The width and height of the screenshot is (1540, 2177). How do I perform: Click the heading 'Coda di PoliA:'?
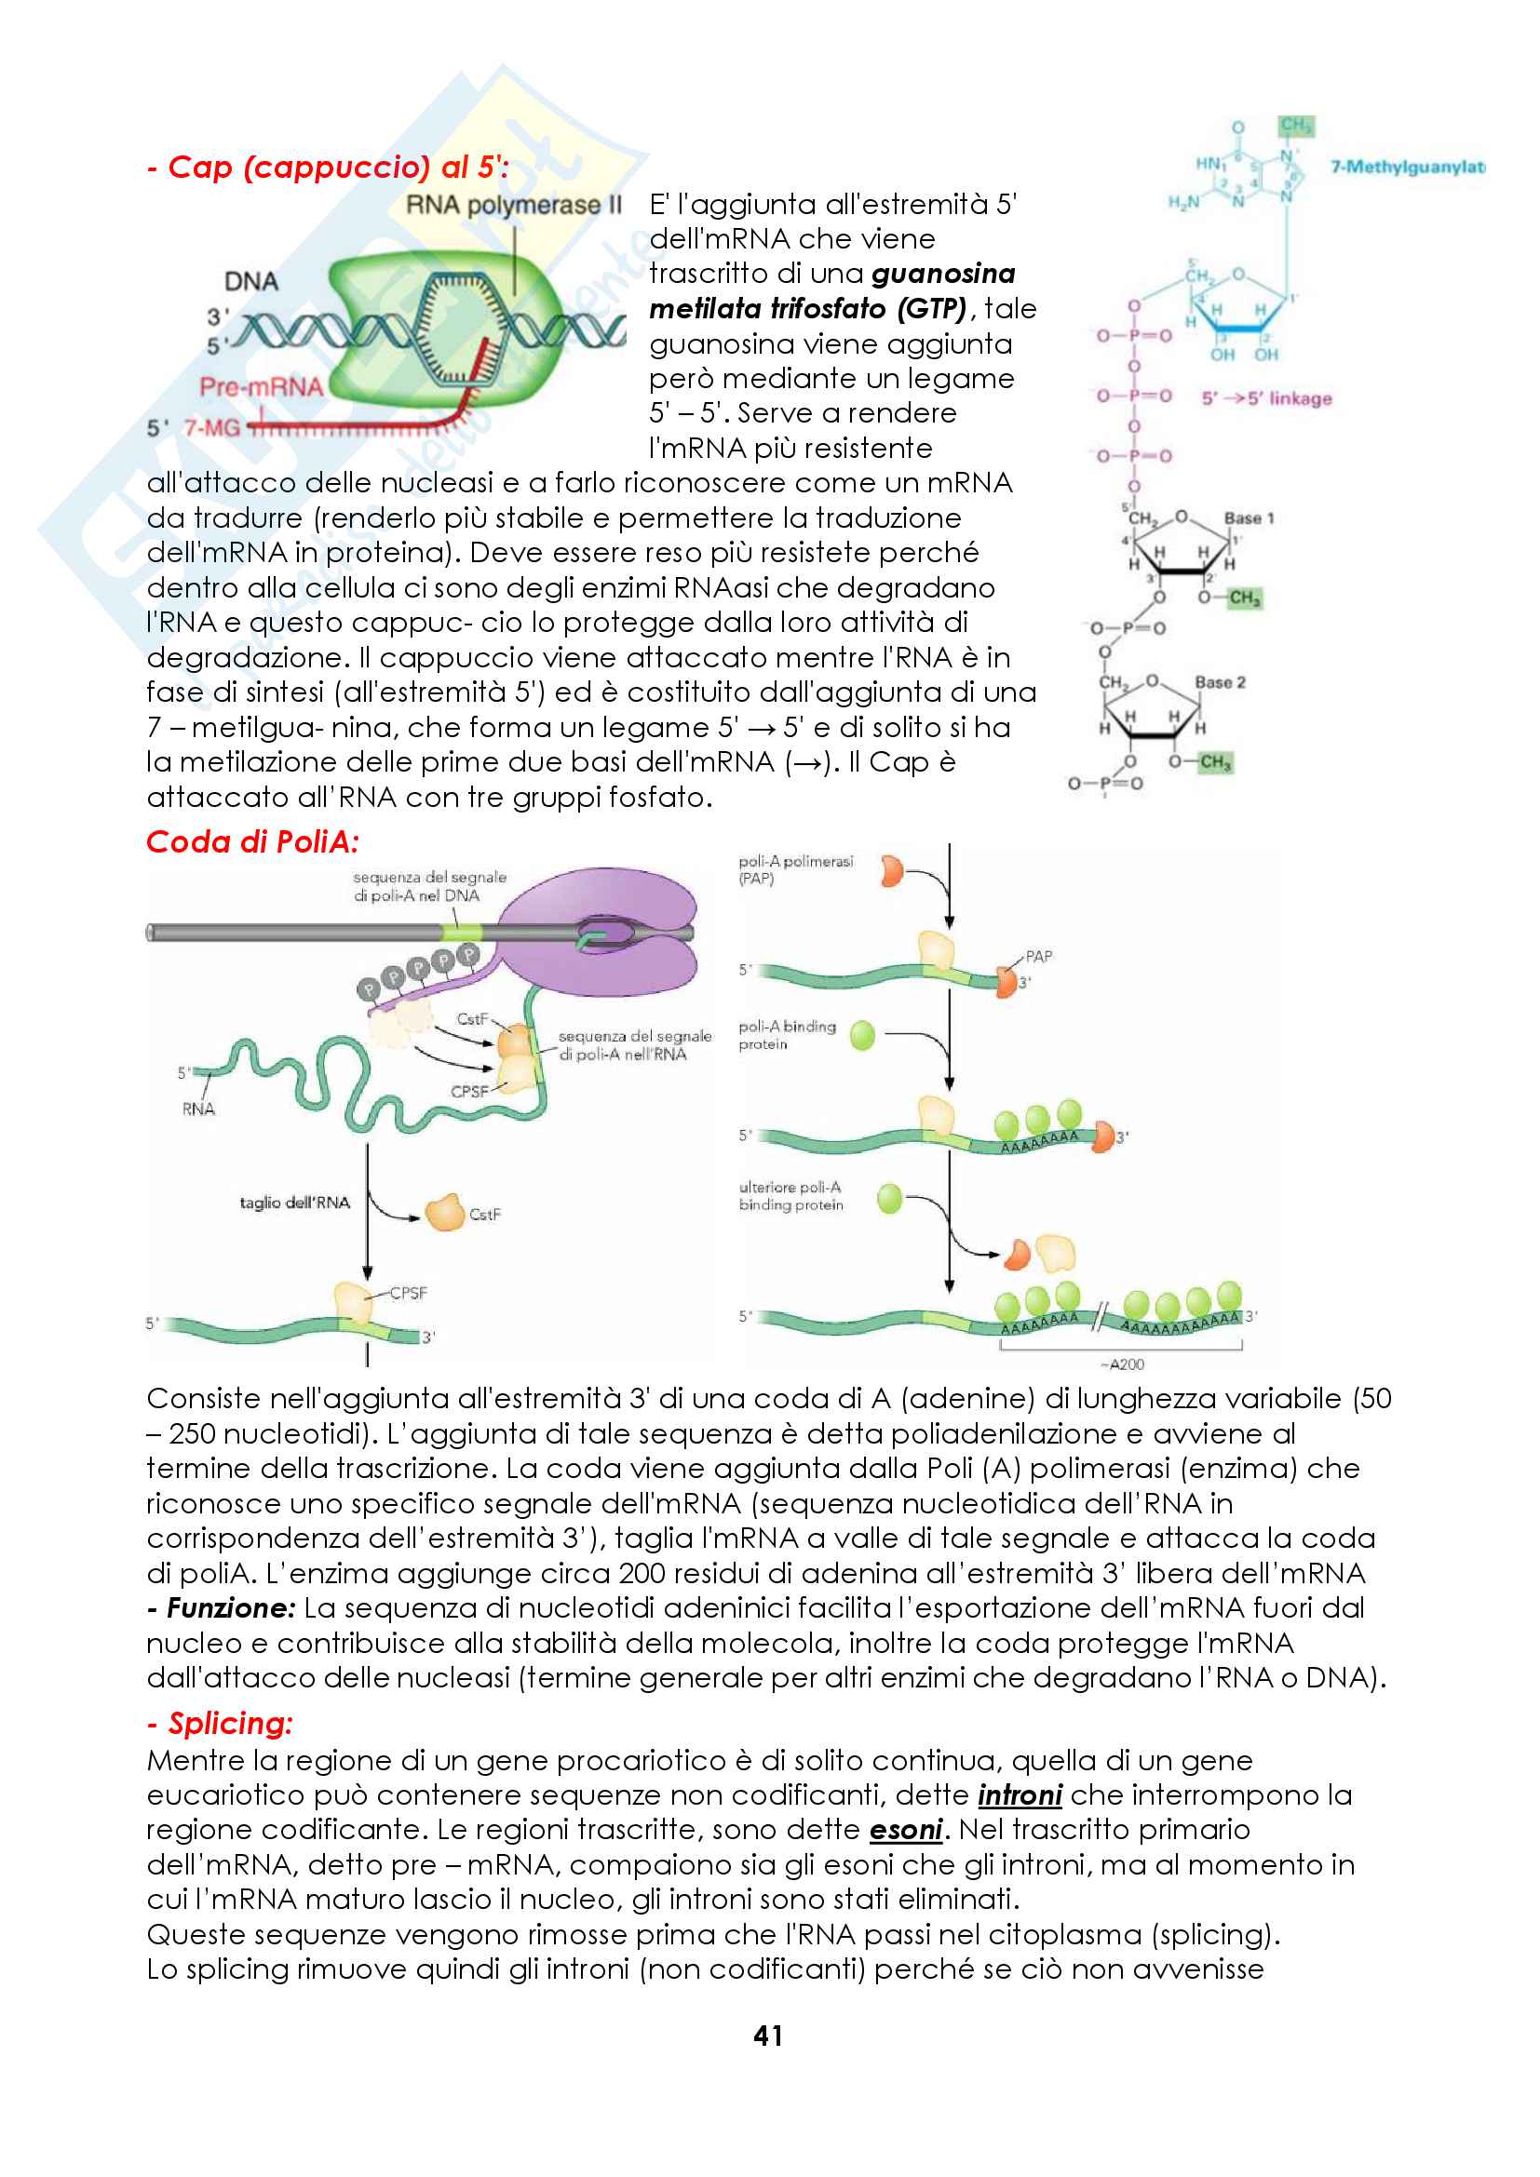click(x=252, y=841)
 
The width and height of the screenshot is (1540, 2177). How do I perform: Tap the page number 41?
click(x=768, y=2036)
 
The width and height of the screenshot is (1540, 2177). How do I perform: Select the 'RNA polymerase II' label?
click(x=513, y=205)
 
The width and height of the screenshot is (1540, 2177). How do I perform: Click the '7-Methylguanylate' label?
click(x=1406, y=167)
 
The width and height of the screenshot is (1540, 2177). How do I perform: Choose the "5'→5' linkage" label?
click(x=1267, y=398)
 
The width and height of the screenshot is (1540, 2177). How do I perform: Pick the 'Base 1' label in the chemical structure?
click(x=1249, y=517)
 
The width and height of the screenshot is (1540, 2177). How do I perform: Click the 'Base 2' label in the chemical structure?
click(x=1221, y=681)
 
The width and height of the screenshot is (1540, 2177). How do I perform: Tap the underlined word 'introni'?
click(x=1020, y=1794)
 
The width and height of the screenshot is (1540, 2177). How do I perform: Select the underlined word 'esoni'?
click(x=906, y=1829)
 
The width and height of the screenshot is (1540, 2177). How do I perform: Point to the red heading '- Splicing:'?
click(x=221, y=1723)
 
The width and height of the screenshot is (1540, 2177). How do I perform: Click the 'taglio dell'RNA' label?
click(x=294, y=1203)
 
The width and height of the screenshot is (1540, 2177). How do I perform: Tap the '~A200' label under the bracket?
click(x=1123, y=1364)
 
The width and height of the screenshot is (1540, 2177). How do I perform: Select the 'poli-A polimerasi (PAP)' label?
click(x=795, y=869)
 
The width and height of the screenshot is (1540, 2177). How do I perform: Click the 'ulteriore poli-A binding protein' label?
click(x=790, y=1196)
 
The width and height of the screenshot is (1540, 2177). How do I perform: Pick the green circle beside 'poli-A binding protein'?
click(x=862, y=1034)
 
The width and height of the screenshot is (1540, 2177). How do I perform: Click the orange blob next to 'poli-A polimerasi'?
click(x=891, y=870)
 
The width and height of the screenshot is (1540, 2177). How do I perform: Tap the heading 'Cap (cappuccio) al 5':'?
click(x=328, y=167)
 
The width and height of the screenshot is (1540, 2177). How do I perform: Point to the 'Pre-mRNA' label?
click(x=261, y=386)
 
